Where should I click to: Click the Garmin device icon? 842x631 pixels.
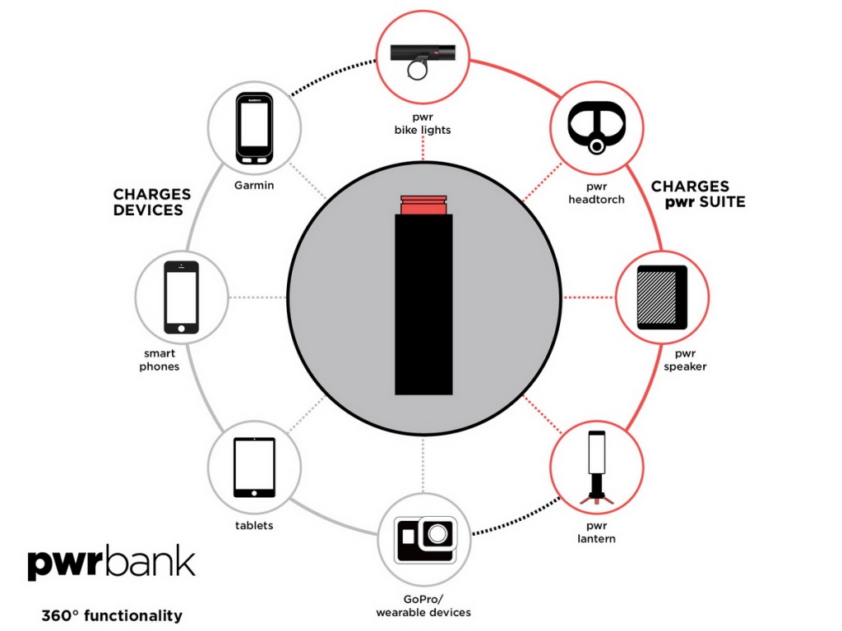(254, 129)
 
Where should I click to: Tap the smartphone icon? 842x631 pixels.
(181, 297)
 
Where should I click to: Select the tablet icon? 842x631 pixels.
(254, 467)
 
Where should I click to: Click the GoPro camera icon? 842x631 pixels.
(425, 539)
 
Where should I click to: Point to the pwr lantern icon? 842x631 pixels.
(596, 467)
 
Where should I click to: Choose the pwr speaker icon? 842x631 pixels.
(662, 297)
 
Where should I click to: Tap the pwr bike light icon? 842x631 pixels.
(423, 60)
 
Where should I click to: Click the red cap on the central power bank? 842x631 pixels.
(423, 205)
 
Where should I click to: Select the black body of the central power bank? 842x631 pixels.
(423, 305)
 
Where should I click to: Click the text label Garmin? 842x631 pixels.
(254, 186)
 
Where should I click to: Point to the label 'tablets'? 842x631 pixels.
(254, 525)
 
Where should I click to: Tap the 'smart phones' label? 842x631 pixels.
(160, 360)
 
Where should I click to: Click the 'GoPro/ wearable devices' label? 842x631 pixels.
(423, 606)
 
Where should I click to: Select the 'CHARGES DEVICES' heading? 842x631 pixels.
(152, 202)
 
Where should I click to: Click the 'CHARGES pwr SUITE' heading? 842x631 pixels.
(698, 194)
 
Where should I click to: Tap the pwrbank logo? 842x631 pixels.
(111, 562)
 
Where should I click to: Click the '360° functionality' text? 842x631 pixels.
(112, 615)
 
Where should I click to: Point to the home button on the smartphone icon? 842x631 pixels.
(181, 329)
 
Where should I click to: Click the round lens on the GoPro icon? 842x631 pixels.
(437, 534)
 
